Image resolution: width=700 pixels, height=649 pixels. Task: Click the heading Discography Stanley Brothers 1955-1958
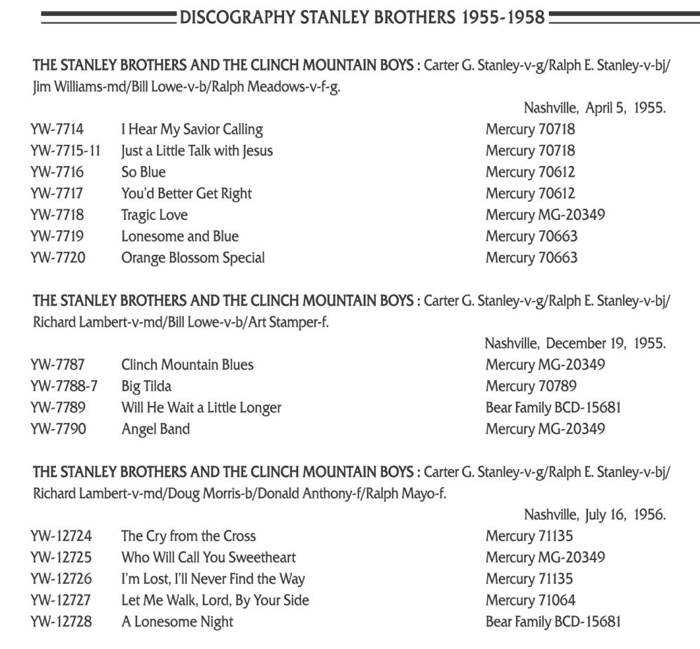362,17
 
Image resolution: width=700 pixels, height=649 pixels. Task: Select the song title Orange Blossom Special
192,258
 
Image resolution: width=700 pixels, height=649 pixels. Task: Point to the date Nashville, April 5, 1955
594,109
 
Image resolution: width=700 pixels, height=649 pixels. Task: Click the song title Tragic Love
154,215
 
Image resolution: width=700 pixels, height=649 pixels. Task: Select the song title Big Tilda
146,386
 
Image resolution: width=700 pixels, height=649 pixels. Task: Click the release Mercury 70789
531,386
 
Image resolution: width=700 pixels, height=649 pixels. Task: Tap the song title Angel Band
155,428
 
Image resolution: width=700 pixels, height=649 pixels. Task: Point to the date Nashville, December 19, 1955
575,344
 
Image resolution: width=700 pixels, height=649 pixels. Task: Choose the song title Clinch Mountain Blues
187,365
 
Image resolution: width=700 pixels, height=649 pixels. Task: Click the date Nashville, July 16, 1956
594,515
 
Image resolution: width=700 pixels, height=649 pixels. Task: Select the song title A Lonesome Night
177,622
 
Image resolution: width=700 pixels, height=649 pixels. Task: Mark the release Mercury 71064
531,600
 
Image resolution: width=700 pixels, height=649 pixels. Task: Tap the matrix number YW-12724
61,536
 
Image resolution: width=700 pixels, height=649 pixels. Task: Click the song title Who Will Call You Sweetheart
208,557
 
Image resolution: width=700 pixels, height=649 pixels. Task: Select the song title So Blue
143,172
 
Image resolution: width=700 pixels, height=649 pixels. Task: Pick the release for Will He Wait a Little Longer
553,407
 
